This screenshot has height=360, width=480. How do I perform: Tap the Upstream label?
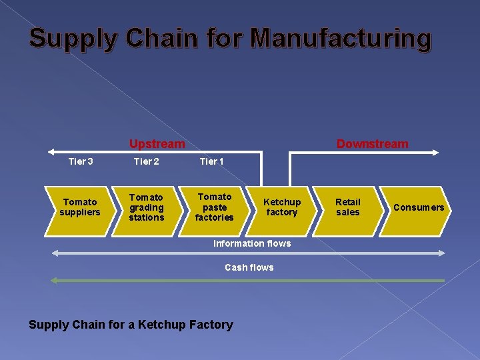157,144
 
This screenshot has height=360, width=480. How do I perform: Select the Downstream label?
373,144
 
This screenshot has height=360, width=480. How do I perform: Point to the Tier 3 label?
81,161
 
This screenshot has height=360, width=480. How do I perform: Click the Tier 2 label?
146,161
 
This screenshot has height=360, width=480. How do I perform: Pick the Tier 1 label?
211,161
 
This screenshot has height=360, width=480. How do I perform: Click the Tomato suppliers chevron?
80,207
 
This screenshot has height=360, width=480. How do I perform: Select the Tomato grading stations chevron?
147,207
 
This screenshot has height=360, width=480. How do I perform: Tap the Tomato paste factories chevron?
215,207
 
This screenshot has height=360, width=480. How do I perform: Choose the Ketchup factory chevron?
281,207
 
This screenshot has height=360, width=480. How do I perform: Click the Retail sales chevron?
347,207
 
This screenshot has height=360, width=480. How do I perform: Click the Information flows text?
252,243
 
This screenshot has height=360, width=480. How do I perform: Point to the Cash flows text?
249,267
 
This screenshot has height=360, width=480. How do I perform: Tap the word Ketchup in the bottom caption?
151,325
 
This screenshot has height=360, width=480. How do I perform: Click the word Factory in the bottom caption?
211,325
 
